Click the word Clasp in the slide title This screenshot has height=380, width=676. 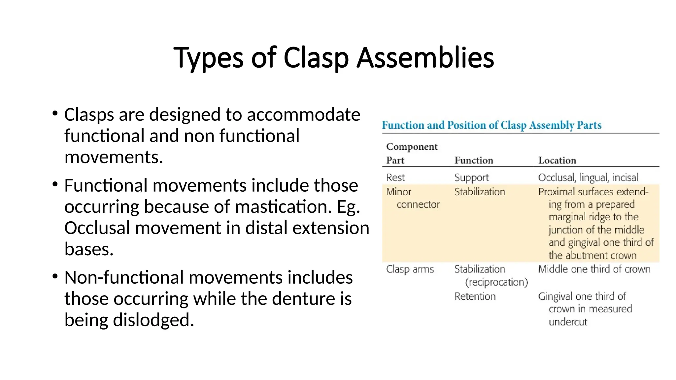tap(316, 58)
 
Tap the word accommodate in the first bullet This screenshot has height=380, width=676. tap(303, 115)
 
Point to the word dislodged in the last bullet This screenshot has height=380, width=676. tap(153, 320)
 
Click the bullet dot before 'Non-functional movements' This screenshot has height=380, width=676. tap(55, 276)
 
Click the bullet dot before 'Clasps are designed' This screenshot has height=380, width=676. tap(55, 114)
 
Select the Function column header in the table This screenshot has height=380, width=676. tap(474, 160)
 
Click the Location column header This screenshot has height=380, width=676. tap(557, 160)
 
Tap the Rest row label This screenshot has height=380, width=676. tap(395, 177)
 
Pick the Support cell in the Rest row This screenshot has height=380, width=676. tap(471, 177)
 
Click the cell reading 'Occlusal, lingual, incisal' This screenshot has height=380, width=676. tap(588, 177)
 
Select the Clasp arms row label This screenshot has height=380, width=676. tap(410, 269)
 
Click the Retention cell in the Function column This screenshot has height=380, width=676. tap(475, 296)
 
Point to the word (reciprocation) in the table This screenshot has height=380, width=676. tap(496, 282)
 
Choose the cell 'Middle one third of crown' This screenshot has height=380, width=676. tap(594, 269)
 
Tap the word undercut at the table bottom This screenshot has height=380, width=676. tap(568, 322)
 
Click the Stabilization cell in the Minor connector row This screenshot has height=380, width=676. tap(480, 192)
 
